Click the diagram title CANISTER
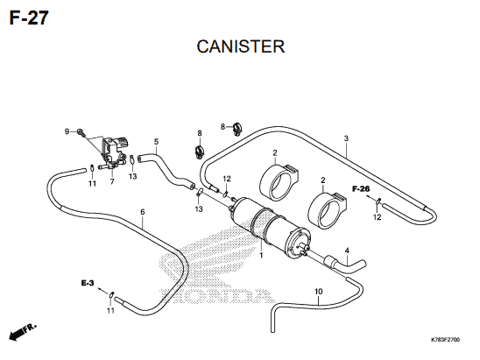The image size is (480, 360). pos(241,46)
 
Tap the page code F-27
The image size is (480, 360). pos(29,18)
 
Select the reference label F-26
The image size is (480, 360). pos(361,188)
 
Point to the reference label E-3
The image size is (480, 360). pos(88,283)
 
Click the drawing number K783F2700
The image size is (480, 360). pos(445,340)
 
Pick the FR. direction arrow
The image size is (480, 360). pos(22,331)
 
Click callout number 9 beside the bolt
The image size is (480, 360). pos(67,131)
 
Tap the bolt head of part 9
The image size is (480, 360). pos(81,132)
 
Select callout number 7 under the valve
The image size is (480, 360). pos(112,181)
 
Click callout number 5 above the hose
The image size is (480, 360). pos(157,142)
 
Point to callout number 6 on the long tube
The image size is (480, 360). pos(143,212)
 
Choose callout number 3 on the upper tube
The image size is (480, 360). pos(346,138)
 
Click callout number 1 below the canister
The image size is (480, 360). pos(261,255)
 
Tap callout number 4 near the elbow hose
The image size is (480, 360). pos(347,251)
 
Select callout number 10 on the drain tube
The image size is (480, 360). pos(319,292)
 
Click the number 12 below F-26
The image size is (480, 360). pos(378,217)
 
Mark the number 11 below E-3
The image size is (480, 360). pos(110,310)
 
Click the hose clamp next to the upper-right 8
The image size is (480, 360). pos(237,129)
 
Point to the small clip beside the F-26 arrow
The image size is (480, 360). pos(378,201)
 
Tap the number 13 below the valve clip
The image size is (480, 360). pos(132,176)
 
